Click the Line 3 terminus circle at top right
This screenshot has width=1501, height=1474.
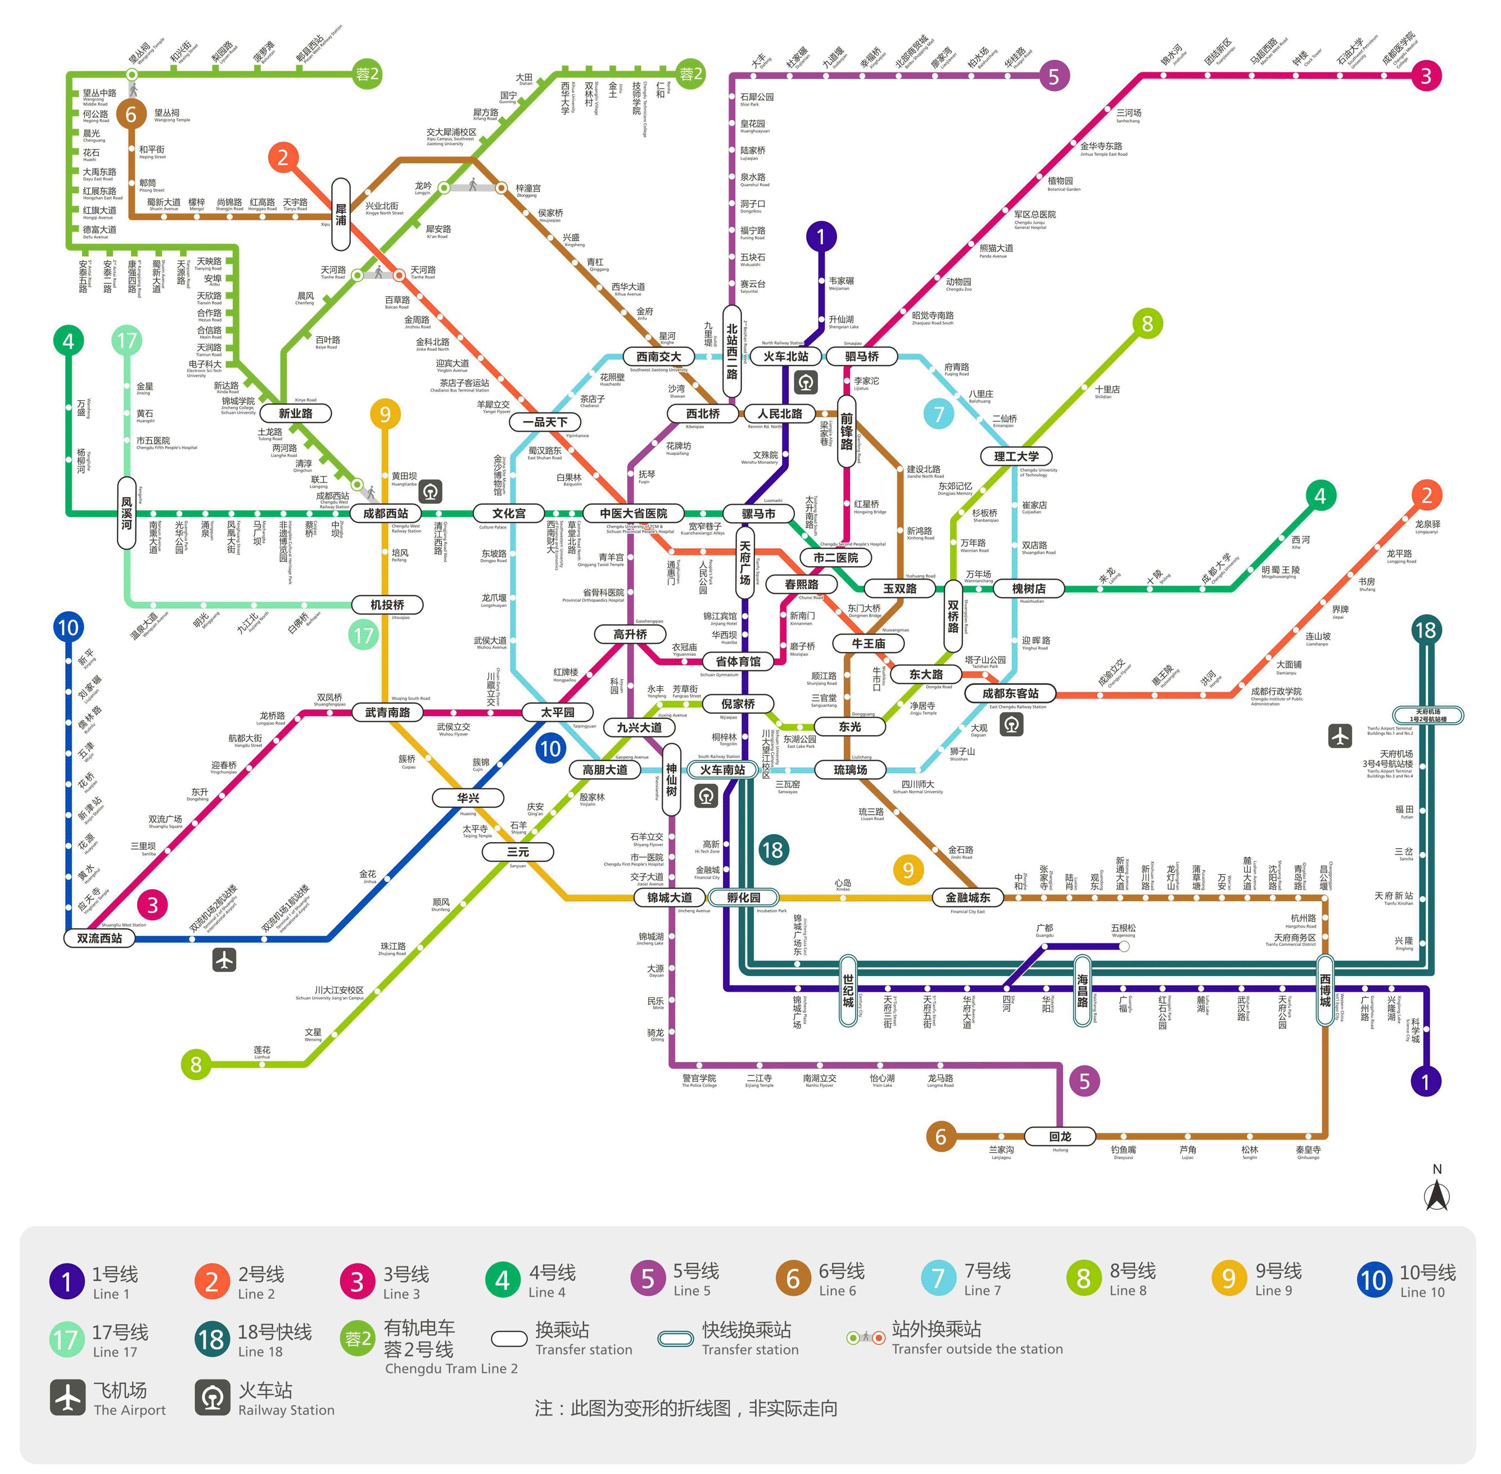click(1426, 76)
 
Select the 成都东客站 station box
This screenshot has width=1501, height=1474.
click(1010, 694)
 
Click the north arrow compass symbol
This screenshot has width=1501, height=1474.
click(1437, 1196)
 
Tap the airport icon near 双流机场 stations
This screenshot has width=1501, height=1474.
click(224, 961)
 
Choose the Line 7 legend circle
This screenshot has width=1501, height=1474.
click(938, 1279)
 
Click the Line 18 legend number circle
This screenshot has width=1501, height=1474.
click(211, 1339)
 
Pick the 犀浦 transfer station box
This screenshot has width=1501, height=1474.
click(341, 214)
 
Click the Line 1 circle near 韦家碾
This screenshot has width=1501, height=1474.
click(821, 236)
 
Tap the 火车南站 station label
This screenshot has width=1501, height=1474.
click(722, 770)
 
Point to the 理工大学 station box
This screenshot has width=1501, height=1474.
click(1016, 456)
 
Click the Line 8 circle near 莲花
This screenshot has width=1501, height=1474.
click(196, 1065)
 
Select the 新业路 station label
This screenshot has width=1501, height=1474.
click(296, 413)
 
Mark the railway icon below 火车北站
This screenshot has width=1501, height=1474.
click(806, 382)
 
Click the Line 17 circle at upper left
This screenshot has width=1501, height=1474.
click(127, 340)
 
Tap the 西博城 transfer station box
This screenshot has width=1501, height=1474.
click(1325, 991)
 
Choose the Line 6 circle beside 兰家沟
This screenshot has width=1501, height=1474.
click(941, 1137)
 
